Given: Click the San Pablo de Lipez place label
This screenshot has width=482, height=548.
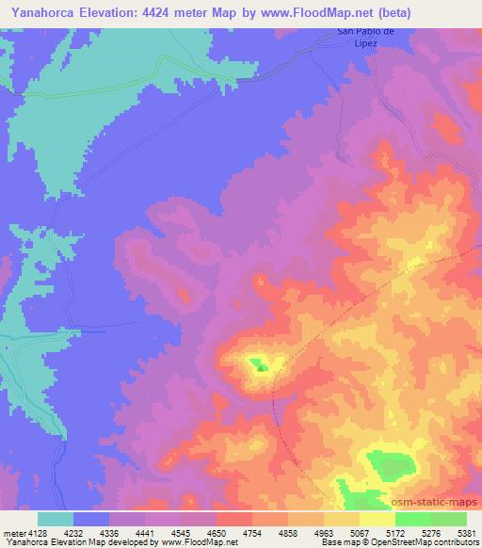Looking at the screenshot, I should [x=360, y=38].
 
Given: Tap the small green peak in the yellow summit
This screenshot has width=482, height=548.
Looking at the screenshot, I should [x=261, y=367].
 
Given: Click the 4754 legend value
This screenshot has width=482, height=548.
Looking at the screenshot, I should [x=251, y=531].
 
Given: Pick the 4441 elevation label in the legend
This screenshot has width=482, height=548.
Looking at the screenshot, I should [x=144, y=531].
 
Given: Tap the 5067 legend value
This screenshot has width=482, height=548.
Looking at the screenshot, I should [x=359, y=531].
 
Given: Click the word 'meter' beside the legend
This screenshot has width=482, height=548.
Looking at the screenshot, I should [x=12, y=531].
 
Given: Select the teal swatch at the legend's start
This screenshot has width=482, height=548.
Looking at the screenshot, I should [x=55, y=519].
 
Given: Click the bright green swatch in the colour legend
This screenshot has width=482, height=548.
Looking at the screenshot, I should [x=412, y=519].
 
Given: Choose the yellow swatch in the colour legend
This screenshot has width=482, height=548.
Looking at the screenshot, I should [x=377, y=519].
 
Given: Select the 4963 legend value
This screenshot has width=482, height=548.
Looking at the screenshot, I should [x=323, y=531].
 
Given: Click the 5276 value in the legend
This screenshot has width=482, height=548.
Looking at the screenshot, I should [x=429, y=531].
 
